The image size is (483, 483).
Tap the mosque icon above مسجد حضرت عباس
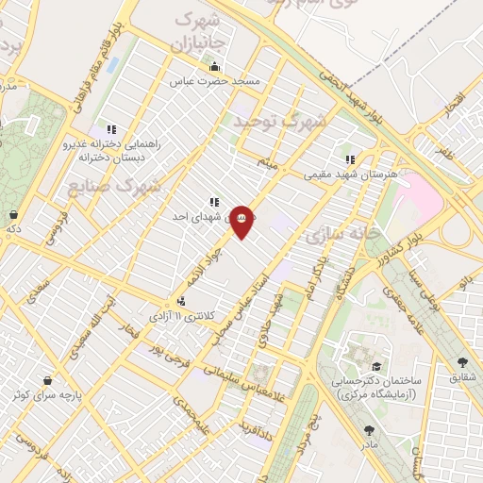click(215, 66)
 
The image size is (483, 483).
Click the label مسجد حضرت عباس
click(215, 82)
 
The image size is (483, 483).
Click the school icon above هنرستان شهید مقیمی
click(350, 159)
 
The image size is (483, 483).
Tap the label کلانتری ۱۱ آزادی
click(184, 316)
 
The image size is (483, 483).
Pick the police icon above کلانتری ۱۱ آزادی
click(181, 301)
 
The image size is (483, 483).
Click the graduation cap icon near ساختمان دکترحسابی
click(376, 366)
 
